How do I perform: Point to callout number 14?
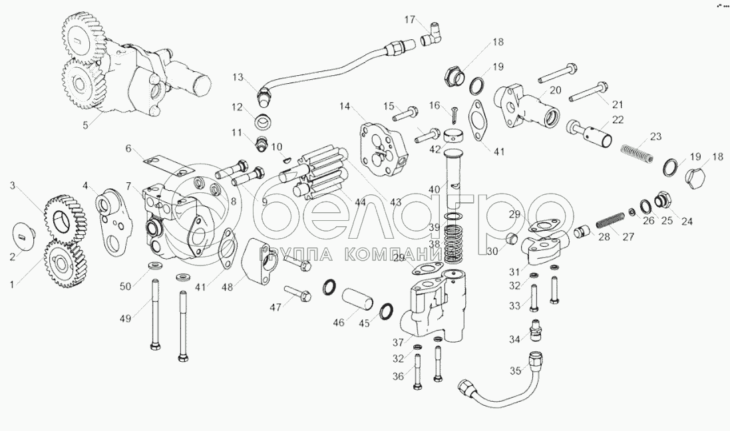pos(344,106)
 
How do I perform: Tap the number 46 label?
pos(339,322)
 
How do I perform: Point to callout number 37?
pos(397,343)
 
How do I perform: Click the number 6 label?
pos(128,148)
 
